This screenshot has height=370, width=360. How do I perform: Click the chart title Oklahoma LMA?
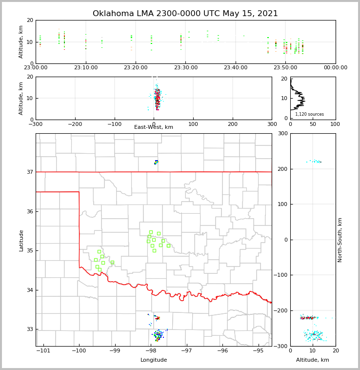click(185, 14)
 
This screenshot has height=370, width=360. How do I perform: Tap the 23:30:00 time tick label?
click(186, 68)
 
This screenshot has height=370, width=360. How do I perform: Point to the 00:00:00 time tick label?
click(336, 68)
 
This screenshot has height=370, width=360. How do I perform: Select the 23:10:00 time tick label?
click(86, 68)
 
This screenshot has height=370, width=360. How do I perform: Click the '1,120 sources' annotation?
click(309, 114)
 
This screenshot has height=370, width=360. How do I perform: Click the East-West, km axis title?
click(154, 127)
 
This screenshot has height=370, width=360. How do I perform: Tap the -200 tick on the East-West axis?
click(75, 124)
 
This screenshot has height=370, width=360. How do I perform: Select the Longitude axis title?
click(154, 360)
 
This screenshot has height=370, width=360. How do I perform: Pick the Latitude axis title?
click(21, 240)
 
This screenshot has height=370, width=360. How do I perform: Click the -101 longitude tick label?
click(44, 351)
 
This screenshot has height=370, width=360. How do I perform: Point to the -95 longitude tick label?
click(258, 351)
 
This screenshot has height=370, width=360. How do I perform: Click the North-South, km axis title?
click(340, 240)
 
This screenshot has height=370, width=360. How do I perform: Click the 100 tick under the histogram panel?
click(335, 124)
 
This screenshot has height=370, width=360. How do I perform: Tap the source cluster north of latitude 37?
click(156, 162)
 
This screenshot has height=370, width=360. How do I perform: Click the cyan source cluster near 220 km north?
click(313, 161)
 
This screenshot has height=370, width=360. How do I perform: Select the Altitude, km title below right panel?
click(313, 360)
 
